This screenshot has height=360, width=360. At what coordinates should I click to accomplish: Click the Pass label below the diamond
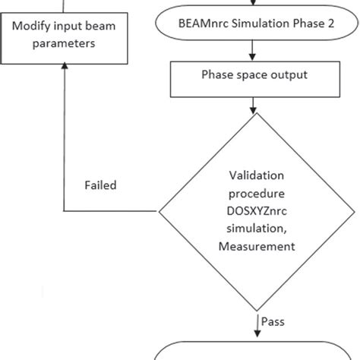click(x=273, y=321)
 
